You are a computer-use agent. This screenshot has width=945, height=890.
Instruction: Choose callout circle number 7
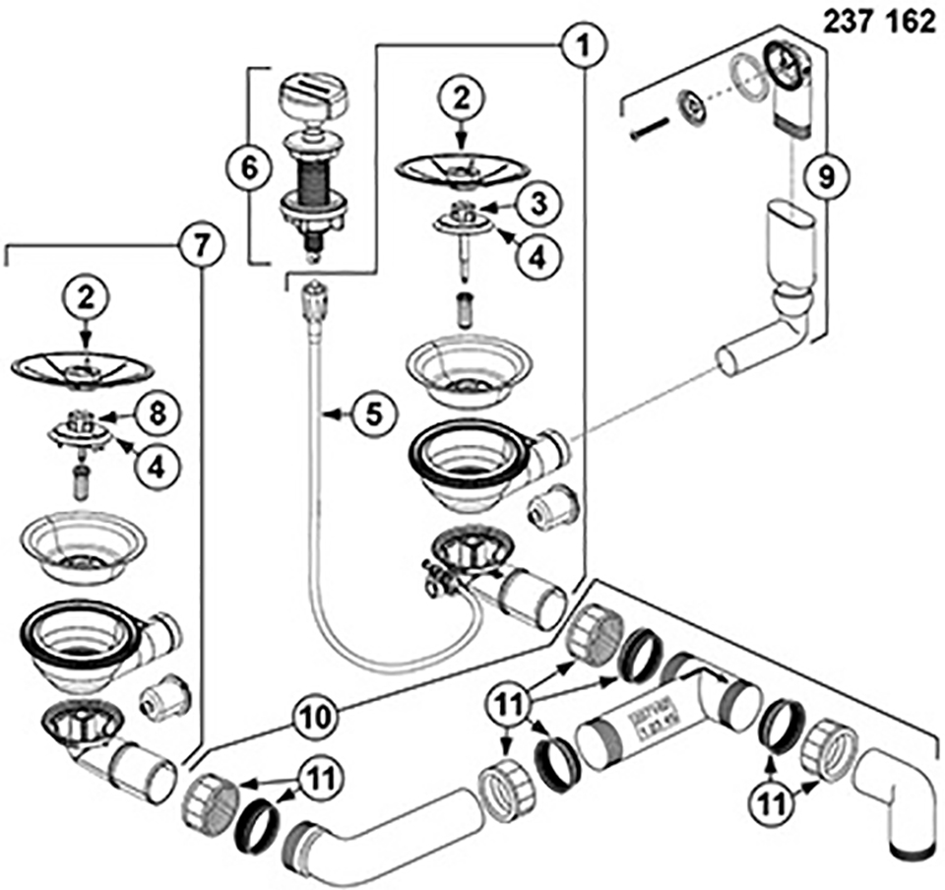click(x=199, y=244)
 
